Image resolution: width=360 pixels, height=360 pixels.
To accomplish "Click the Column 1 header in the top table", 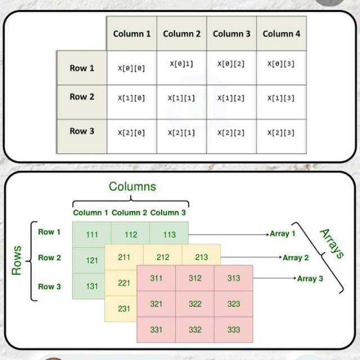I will point(132,34).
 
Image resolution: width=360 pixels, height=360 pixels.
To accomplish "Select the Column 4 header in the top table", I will point(281,34).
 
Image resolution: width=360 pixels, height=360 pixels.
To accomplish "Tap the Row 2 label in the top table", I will point(82,97).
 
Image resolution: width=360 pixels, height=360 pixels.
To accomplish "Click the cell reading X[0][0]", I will point(131,68).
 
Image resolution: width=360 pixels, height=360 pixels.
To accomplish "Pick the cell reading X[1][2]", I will point(231,98).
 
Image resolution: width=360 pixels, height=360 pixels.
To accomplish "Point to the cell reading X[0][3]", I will point(281,64).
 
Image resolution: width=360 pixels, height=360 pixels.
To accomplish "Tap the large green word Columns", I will point(133,186).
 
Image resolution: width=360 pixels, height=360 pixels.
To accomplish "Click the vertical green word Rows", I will point(16,260).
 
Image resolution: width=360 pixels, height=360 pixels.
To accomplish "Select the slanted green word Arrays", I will point(331,243).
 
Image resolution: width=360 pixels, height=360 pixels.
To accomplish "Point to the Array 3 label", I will point(310,278).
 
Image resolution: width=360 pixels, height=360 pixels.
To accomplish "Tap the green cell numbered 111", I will point(92,235).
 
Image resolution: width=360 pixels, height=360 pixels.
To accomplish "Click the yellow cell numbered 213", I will point(201,258).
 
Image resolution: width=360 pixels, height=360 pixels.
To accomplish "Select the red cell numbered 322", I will point(195,304).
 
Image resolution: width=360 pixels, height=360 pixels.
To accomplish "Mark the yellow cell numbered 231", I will point(124,308).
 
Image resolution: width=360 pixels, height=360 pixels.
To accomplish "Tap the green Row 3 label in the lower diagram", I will point(49,286).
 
